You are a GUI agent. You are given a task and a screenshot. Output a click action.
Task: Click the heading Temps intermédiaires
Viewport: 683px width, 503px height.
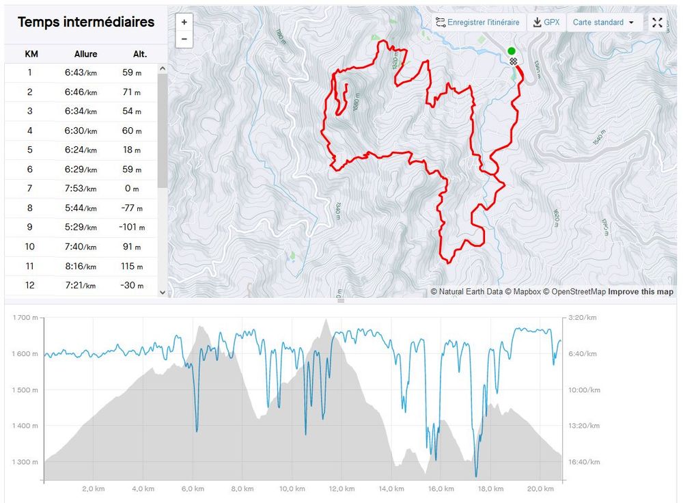tap(86, 22)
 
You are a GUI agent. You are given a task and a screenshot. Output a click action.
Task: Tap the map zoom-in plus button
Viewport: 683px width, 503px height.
tap(184, 22)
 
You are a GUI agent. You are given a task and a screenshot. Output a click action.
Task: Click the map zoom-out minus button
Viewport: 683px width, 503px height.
tap(184, 39)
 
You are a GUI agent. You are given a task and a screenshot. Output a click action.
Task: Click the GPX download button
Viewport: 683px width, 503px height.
tap(546, 23)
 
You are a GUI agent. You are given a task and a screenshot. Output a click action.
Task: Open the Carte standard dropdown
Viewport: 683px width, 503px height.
tap(604, 23)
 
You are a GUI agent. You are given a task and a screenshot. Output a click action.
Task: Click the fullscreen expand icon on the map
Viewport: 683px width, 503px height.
tap(657, 23)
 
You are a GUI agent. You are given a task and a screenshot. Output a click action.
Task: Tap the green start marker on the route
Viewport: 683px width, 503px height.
tap(512, 51)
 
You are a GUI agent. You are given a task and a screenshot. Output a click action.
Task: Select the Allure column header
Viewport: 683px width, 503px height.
tap(86, 54)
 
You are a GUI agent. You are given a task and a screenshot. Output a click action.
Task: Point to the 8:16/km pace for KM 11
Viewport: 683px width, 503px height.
tap(81, 267)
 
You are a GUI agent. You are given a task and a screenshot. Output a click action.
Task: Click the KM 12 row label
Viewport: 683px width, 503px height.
tap(29, 286)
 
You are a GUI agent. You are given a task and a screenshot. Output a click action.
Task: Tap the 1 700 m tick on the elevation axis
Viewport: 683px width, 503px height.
tap(25, 318)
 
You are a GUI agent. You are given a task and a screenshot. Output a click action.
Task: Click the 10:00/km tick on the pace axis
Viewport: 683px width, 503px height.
tap(585, 390)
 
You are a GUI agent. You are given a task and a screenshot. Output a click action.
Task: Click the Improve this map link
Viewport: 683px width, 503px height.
tap(641, 292)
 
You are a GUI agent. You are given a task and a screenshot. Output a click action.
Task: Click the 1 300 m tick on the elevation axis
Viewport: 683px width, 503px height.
tap(25, 463)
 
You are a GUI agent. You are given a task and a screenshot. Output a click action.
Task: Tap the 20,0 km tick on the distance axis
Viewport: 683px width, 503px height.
tap(540, 489)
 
